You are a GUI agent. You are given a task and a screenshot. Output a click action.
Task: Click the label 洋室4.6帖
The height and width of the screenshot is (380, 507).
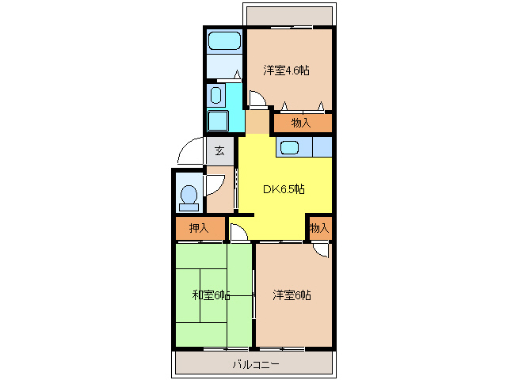(x=286, y=70)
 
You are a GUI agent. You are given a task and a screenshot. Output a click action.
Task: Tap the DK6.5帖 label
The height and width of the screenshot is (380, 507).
(x=284, y=189)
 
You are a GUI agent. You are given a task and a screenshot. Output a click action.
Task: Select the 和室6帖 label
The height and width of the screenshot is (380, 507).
(x=211, y=295)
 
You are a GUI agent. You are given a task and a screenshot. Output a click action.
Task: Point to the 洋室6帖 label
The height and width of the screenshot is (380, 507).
(x=292, y=295)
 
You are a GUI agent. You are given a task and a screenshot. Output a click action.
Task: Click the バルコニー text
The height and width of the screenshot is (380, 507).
(x=255, y=364)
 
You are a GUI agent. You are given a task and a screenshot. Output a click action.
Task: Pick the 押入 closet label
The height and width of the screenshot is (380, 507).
(x=199, y=228)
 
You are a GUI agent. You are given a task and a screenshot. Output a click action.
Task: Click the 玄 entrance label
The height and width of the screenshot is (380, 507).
(x=219, y=151)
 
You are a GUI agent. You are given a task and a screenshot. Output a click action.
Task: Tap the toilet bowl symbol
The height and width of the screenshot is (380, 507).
(x=189, y=196)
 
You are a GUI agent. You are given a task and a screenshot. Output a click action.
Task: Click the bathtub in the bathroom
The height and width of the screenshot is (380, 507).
(x=225, y=41)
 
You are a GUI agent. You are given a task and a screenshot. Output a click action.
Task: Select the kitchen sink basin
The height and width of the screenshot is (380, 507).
(x=288, y=146)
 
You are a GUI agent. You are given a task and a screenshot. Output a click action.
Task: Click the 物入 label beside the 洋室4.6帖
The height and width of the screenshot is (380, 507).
(x=301, y=123)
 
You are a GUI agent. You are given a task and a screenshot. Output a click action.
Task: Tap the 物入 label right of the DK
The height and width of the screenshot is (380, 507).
(x=318, y=228)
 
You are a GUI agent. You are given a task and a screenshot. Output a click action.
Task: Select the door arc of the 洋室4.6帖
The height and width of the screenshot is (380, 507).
(x=257, y=100)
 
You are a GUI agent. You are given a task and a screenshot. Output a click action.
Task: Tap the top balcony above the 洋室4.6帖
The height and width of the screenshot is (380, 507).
(x=287, y=15)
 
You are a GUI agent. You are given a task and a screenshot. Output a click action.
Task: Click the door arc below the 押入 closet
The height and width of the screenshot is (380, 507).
(x=238, y=232)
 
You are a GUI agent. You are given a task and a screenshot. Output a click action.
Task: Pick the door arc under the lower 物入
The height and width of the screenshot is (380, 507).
(x=320, y=249)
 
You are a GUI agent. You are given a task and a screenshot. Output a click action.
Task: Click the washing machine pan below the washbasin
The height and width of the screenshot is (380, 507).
(x=217, y=122)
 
